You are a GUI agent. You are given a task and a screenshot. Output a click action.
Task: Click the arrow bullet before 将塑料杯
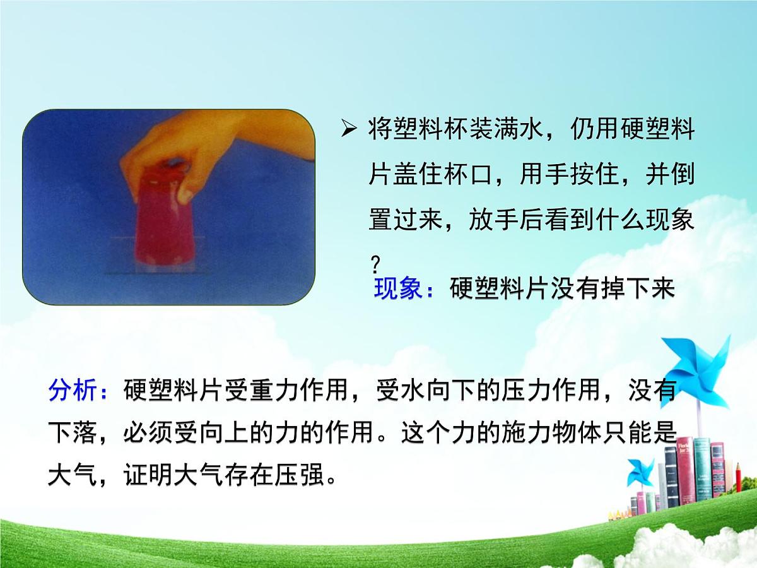pyautogui.click(x=349, y=131)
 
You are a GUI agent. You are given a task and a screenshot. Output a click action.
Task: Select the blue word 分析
pyautogui.click(x=73, y=391)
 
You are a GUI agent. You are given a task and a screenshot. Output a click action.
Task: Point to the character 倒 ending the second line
pyautogui.click(x=683, y=174)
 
